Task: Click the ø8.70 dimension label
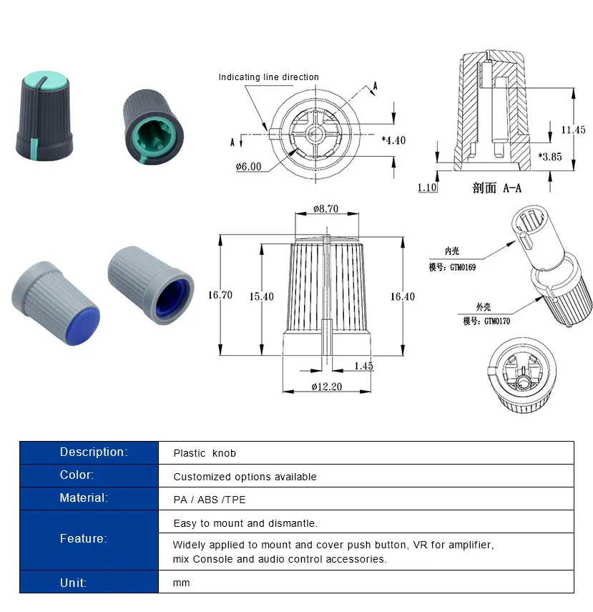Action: click(325, 209)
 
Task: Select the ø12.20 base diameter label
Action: click(326, 387)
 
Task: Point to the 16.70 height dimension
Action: click(220, 295)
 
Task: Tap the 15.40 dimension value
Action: click(261, 296)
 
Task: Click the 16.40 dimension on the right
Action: click(403, 296)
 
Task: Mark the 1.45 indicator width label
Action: click(363, 366)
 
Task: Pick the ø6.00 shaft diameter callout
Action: click(248, 167)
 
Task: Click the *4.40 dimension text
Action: click(393, 140)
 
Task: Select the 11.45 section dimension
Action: click(573, 130)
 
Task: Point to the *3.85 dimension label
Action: click(550, 157)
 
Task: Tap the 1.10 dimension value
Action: click(427, 188)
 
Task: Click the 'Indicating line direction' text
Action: click(268, 77)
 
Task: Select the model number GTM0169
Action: click(463, 268)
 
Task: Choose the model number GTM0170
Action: click(497, 321)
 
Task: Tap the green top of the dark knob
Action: click(44, 80)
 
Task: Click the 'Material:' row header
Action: click(84, 498)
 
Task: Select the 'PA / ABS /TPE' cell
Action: click(210, 500)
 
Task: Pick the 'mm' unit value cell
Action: click(182, 583)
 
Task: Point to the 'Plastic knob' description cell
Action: click(205, 454)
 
